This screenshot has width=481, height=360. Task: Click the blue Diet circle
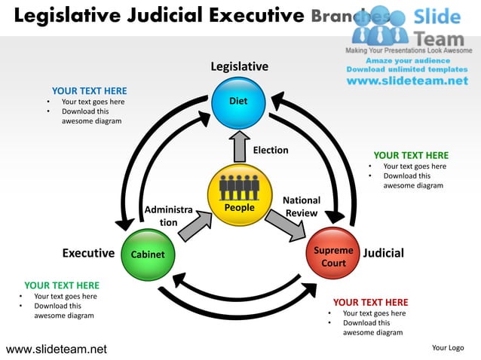point(238,102)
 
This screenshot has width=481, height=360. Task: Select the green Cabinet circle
point(148,255)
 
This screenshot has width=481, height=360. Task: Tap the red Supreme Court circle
point(333,255)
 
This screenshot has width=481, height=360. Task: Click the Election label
point(271,150)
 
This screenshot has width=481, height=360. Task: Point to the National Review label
point(302,207)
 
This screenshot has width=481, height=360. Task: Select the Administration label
point(168,216)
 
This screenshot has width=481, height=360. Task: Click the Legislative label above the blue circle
point(239,67)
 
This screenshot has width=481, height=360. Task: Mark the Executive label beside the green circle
point(88,253)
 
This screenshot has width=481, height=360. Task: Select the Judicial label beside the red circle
point(383,253)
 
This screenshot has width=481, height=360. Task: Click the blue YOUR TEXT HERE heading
point(89,91)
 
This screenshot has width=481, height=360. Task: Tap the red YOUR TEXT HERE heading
point(370,303)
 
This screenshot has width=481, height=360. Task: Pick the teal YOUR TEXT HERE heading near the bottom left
point(61,285)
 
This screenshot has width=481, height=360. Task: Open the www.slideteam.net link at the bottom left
point(57,349)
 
